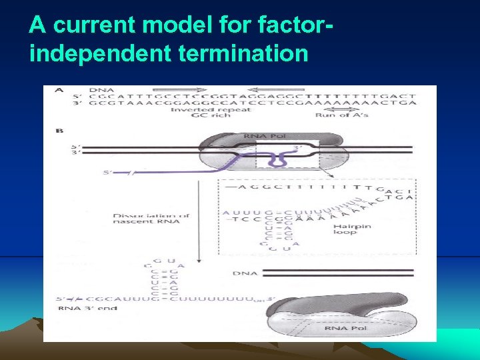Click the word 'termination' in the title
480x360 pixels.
(x=245, y=53)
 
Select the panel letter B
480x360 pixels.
(x=60, y=131)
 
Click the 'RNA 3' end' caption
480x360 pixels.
(x=88, y=308)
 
